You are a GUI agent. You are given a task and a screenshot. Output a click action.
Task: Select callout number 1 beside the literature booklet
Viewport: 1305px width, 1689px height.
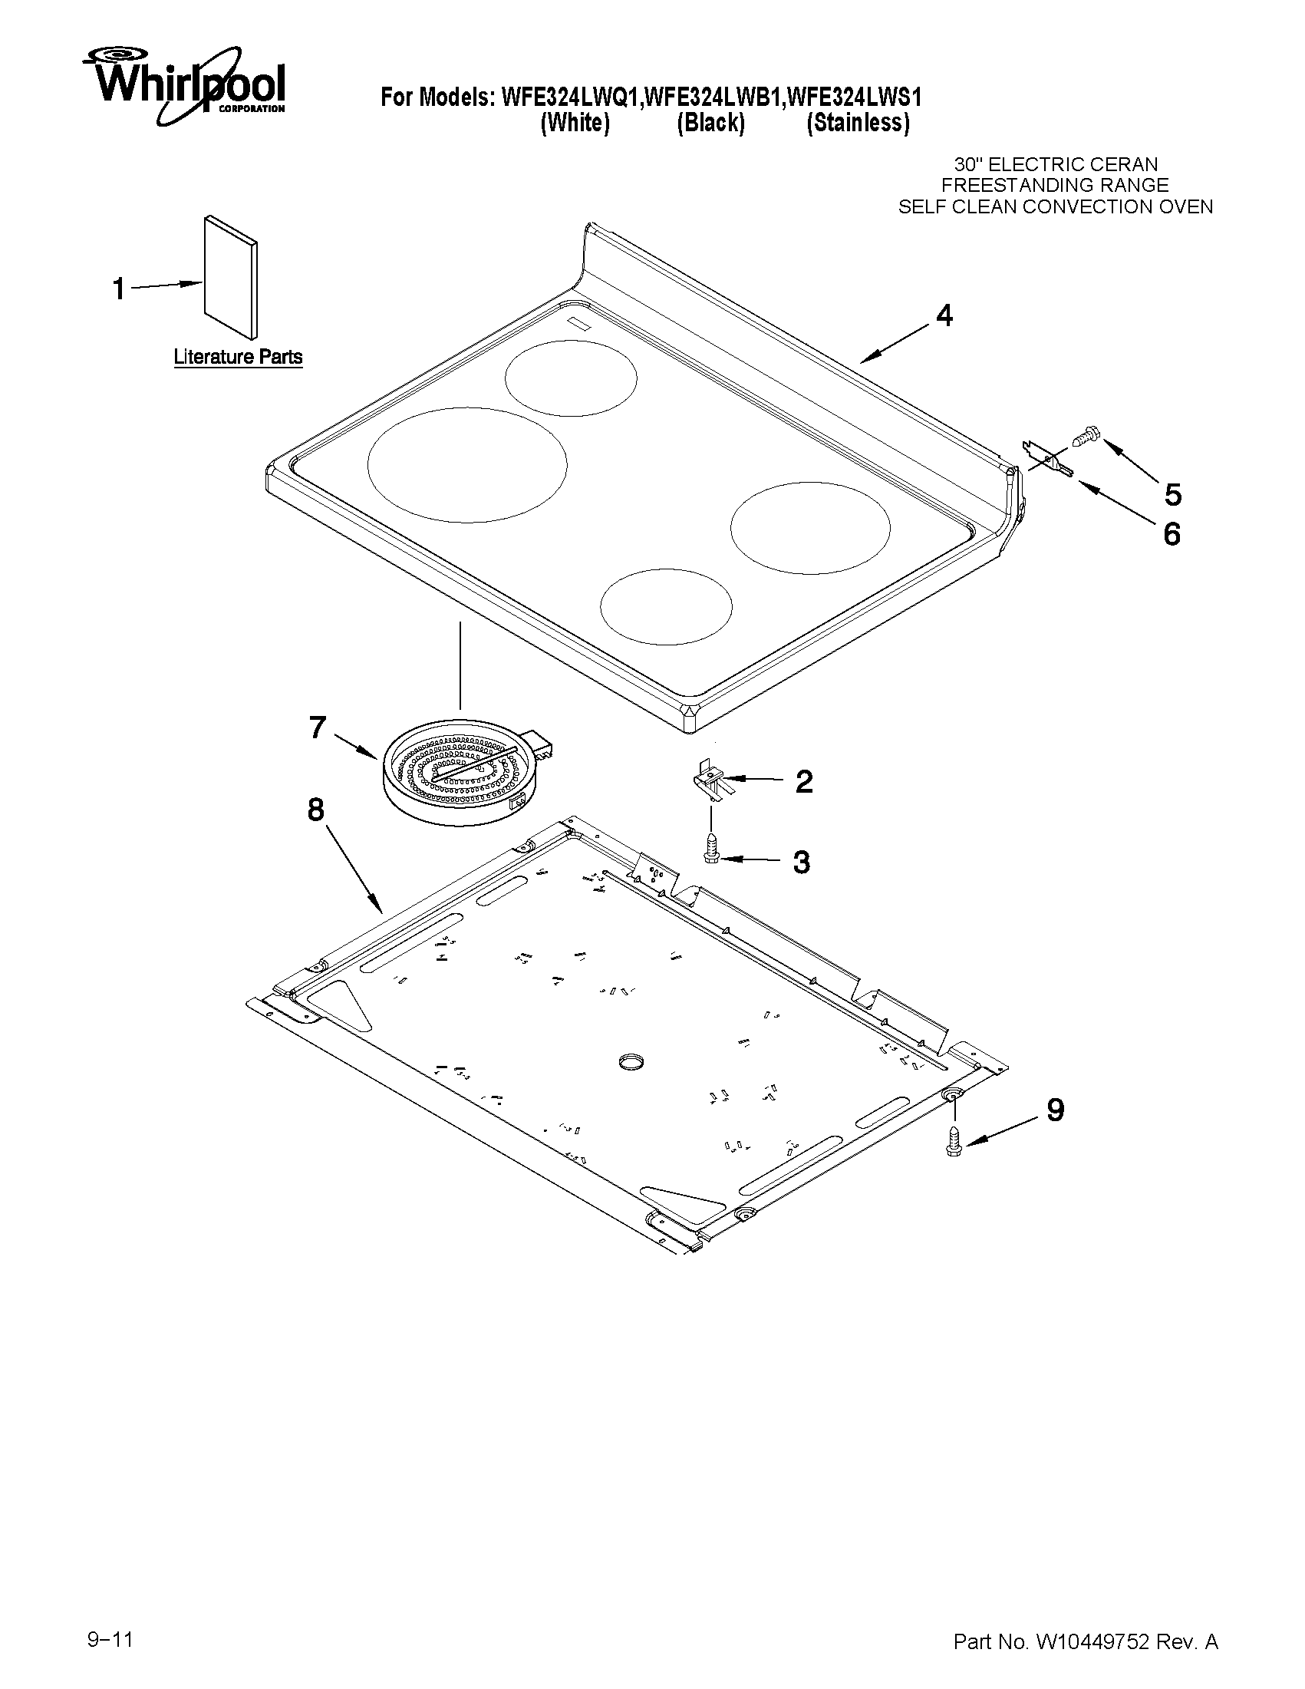click(x=119, y=289)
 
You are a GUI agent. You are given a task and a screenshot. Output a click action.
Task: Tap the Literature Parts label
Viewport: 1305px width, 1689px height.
click(x=237, y=358)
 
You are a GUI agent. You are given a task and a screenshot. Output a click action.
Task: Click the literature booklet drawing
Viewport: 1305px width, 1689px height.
click(x=231, y=277)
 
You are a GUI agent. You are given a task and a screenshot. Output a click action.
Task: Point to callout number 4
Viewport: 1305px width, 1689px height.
click(x=944, y=315)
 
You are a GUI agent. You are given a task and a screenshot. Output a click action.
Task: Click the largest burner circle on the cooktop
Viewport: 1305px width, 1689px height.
click(x=467, y=464)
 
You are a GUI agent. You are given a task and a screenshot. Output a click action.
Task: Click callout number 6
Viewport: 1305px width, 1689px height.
click(x=1172, y=533)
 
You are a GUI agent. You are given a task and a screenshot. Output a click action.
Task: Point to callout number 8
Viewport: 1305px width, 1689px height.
click(x=315, y=810)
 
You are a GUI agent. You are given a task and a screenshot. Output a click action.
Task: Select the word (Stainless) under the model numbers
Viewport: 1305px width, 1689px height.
click(x=858, y=123)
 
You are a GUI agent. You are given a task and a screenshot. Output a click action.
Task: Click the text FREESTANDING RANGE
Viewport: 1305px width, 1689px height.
click(x=1055, y=186)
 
